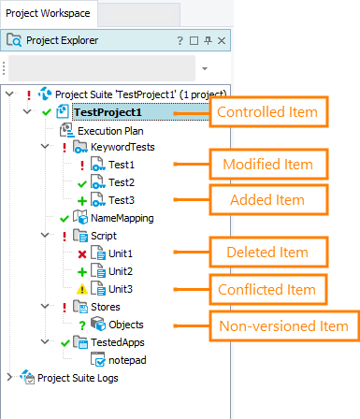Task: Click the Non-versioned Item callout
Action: pyautogui.click(x=282, y=325)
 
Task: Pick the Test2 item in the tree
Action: pyautogui.click(x=122, y=182)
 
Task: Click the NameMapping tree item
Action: pyautogui.click(x=122, y=218)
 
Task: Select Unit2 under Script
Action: pyautogui.click(x=121, y=270)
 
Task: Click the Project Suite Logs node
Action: pyautogui.click(x=79, y=377)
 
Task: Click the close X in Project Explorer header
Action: pyautogui.click(x=221, y=41)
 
